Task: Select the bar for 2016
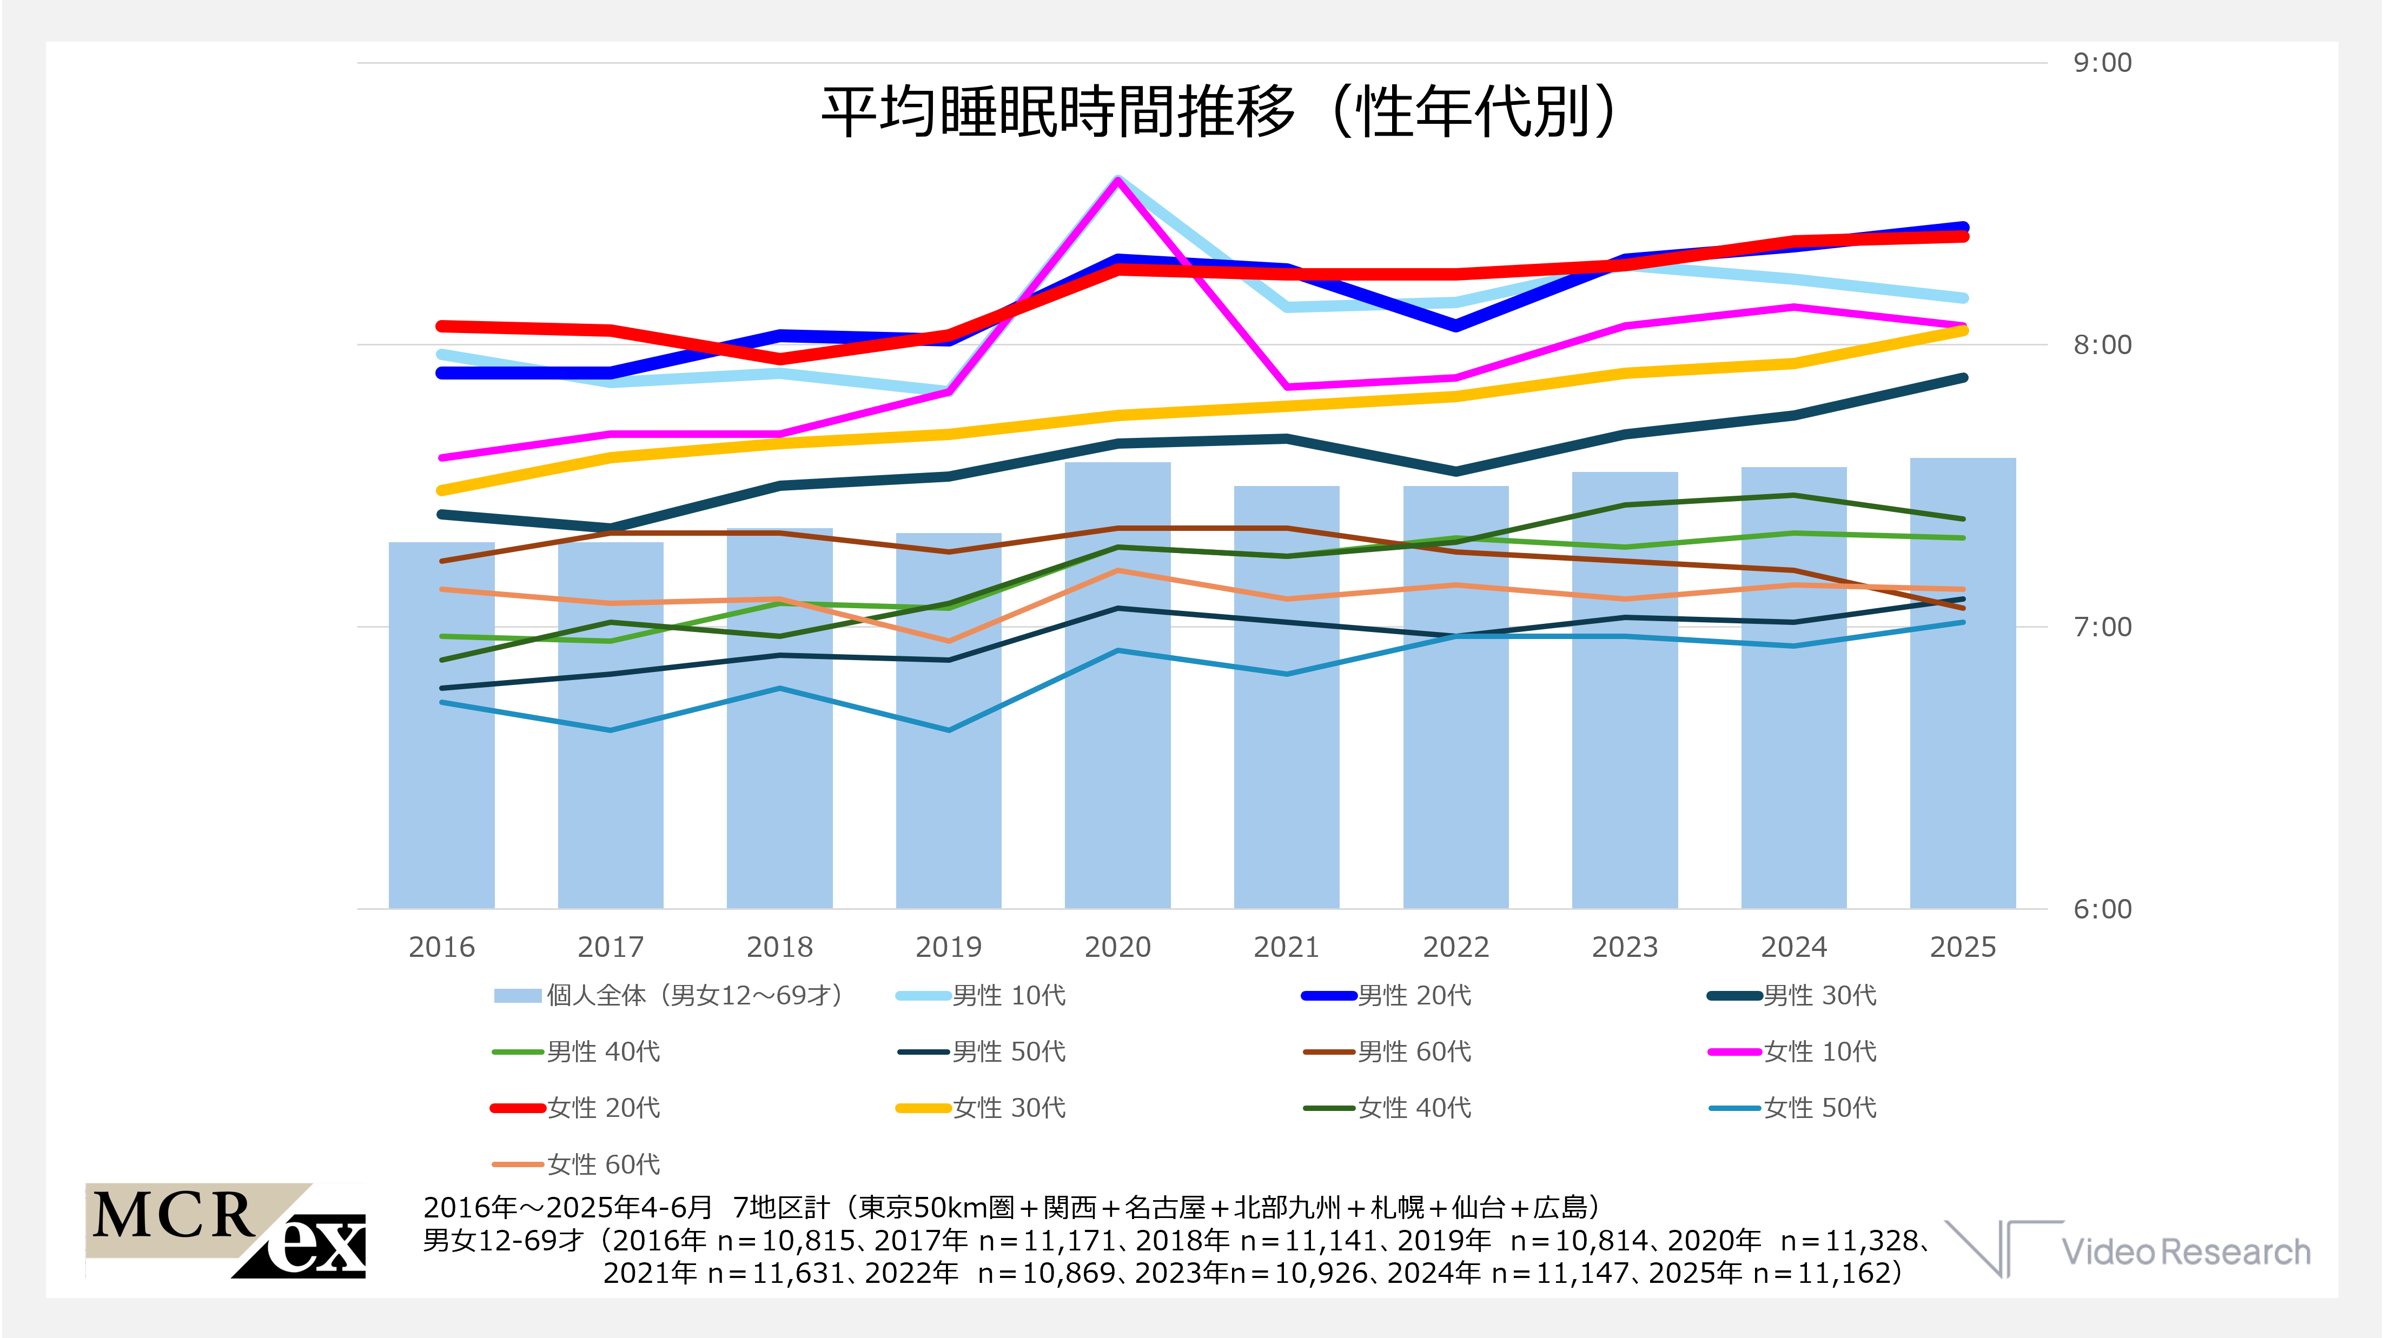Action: pyautogui.click(x=441, y=740)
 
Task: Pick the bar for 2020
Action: pyautogui.click(x=1117, y=740)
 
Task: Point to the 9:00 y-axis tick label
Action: pyautogui.click(x=2102, y=63)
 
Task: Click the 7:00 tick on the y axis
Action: pyautogui.click(x=2102, y=627)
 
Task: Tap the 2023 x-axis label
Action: pyautogui.click(x=1624, y=947)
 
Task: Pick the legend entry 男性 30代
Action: pyautogui.click(x=1818, y=996)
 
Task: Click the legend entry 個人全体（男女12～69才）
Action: pyautogui.click(x=694, y=996)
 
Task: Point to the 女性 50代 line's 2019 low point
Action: pyautogui.click(x=949, y=730)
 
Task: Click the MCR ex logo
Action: pyautogui.click(x=227, y=1230)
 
